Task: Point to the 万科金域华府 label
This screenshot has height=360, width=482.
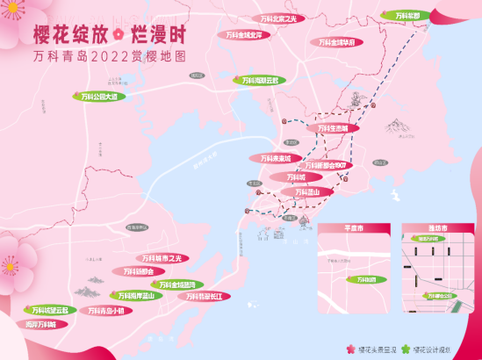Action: point(337,40)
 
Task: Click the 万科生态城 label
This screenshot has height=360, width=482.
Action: point(333,128)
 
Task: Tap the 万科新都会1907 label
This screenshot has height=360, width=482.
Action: point(326,165)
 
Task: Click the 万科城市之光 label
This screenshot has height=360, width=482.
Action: point(164,259)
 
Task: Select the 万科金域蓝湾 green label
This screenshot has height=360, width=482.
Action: point(179,284)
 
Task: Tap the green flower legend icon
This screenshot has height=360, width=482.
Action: point(406,348)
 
